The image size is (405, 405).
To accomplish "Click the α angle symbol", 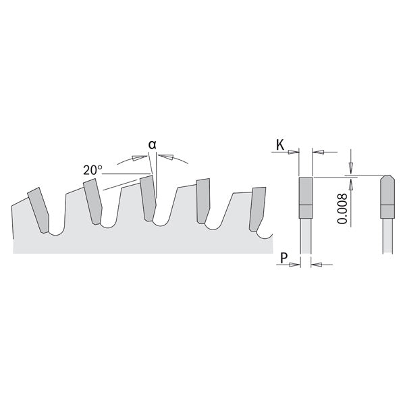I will click(153, 144).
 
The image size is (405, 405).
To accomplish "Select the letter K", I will click(279, 143).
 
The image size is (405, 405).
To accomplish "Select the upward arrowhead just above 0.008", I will click(351, 182).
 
